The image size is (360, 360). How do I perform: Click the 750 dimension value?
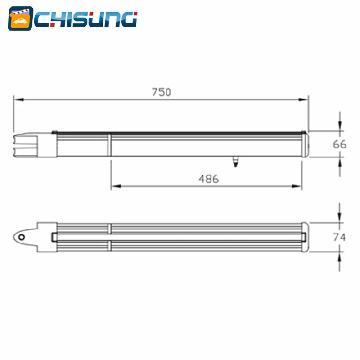tap(161, 92)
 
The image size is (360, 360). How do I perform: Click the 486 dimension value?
tap(208, 179)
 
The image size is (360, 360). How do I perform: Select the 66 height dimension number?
tap(340, 144)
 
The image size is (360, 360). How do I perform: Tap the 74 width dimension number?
tap(340, 237)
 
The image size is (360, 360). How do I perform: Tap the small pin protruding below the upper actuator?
tap(234, 161)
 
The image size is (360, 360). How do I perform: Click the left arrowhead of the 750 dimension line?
tap(16, 100)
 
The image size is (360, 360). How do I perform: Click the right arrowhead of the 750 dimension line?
tap(306, 100)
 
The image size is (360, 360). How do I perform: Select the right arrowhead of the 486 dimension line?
tap(299, 186)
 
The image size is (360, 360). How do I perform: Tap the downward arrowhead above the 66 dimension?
tap(340, 127)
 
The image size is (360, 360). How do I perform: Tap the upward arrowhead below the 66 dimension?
tap(340, 161)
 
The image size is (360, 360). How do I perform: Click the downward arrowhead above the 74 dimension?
tap(340, 219)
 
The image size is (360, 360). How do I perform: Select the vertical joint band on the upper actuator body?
tap(109, 144)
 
